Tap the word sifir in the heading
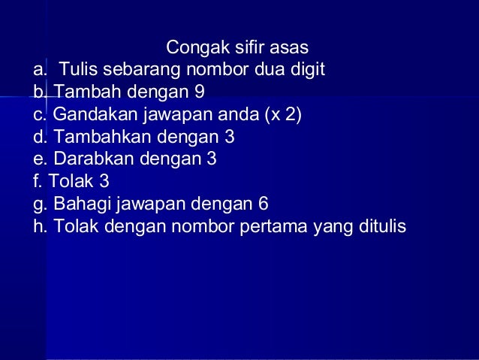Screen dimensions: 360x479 247,49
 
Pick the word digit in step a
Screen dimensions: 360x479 307,71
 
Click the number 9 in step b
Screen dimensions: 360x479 200,93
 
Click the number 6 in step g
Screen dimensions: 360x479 263,204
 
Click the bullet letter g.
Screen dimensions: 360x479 38,204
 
